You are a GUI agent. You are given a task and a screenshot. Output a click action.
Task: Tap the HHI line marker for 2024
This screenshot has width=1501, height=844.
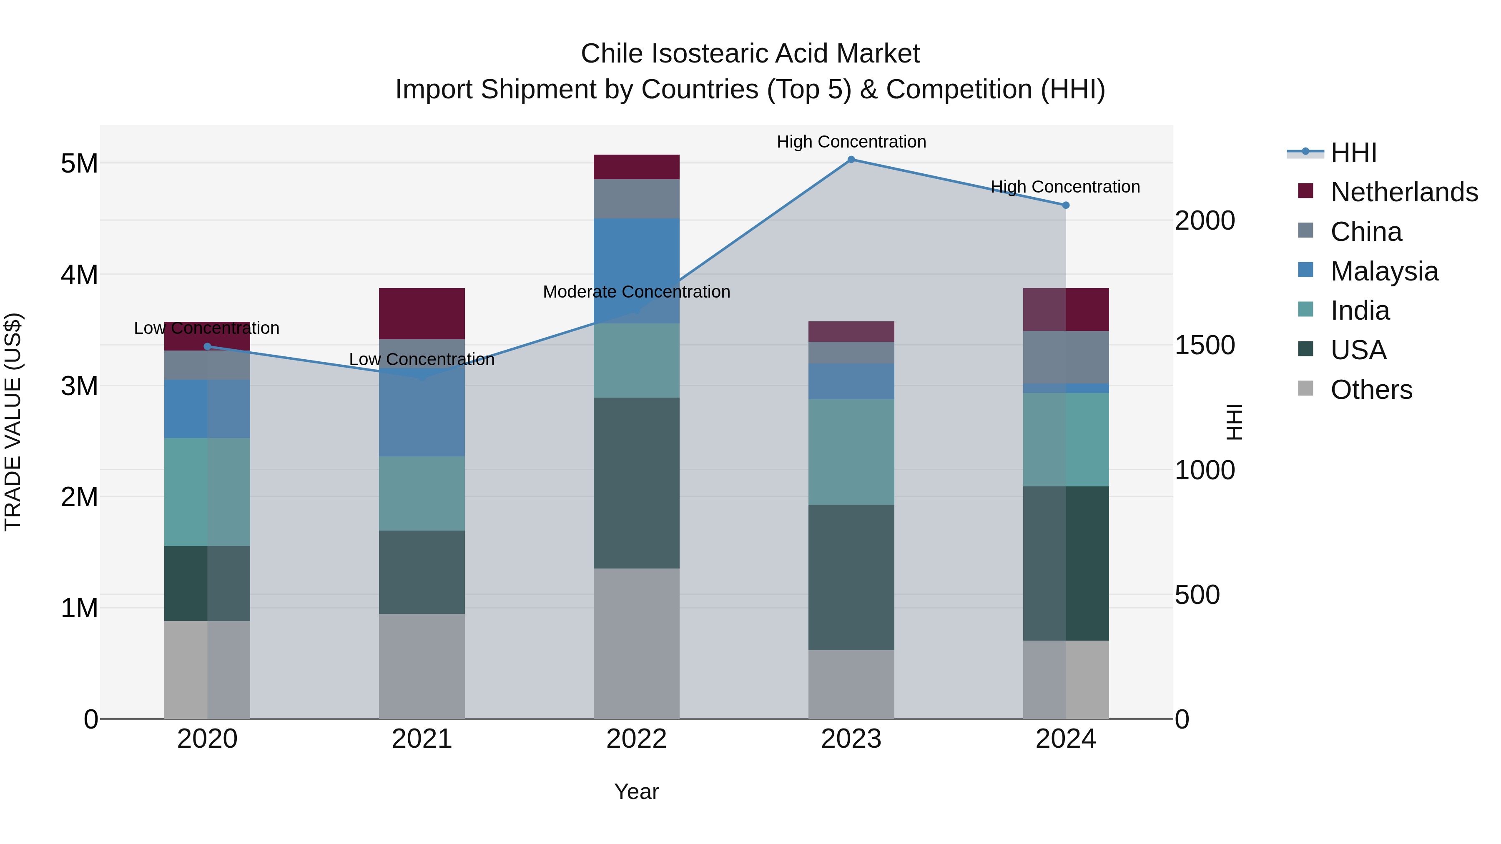point(1066,205)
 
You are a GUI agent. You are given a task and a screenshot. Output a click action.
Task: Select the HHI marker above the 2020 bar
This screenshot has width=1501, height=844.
point(208,347)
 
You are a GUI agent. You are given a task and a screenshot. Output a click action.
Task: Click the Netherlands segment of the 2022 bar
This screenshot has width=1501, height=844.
point(636,167)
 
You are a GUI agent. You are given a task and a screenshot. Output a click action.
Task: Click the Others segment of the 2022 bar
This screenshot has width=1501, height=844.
point(636,643)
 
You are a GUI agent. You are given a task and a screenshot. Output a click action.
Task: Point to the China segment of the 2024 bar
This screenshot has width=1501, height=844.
point(1066,357)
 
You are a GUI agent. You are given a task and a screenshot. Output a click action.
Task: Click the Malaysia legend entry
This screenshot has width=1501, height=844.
point(1384,271)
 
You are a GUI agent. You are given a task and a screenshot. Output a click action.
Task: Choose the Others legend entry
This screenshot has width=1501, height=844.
point(1371,390)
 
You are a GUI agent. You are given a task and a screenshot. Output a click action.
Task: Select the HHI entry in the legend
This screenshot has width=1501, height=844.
point(1353,153)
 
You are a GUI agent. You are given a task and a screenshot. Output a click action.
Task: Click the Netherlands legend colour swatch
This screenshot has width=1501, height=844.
point(1306,191)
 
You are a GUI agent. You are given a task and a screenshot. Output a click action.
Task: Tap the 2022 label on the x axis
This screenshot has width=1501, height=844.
point(636,739)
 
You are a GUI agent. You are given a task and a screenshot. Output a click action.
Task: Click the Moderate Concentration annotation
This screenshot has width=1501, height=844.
point(636,292)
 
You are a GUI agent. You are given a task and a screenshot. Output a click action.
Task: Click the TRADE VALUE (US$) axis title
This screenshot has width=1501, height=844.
point(13,422)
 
